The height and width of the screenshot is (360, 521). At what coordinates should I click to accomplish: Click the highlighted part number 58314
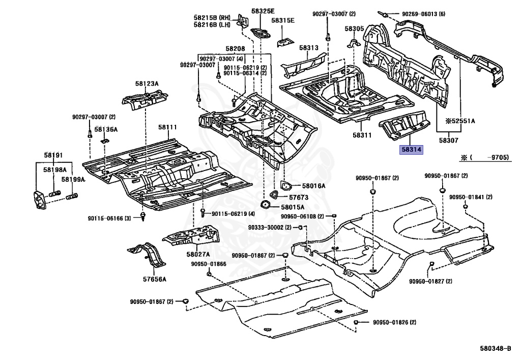(x=412, y=149)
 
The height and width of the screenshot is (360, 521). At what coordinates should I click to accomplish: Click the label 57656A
(x=155, y=280)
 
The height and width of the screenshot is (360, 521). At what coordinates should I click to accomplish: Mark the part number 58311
(x=363, y=135)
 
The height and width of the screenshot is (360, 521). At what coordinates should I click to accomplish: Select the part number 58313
(x=309, y=48)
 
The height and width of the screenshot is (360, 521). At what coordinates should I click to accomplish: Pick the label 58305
(x=354, y=29)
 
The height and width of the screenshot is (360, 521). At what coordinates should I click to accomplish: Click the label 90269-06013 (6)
(x=423, y=14)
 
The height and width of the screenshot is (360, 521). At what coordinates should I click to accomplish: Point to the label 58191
(x=53, y=155)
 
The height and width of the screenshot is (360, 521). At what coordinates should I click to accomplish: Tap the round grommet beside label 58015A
(x=265, y=206)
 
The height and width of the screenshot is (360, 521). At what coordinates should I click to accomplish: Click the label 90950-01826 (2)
(x=394, y=323)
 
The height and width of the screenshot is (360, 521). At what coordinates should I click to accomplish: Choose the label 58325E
(x=263, y=11)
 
